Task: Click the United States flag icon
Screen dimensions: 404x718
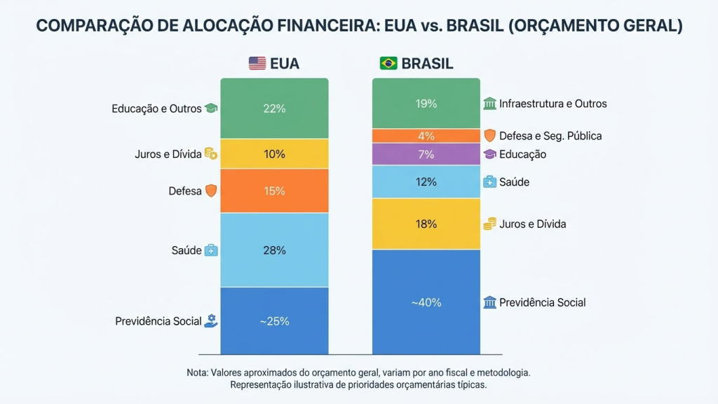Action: (x=257, y=64)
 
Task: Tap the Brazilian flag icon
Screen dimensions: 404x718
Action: (x=388, y=64)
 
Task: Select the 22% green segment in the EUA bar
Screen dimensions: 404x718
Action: (x=274, y=109)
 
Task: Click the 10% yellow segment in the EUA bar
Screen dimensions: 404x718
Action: (x=274, y=154)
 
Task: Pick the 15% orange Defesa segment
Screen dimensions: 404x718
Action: (x=274, y=191)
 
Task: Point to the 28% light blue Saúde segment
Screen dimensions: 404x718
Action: (x=274, y=250)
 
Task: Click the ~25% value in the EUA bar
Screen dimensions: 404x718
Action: (x=274, y=321)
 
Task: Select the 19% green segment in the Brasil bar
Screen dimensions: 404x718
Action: (x=426, y=104)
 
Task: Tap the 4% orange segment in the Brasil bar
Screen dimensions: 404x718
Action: (x=426, y=136)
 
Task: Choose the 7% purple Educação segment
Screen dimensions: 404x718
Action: (x=426, y=154)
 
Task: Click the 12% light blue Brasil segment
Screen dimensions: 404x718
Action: (x=426, y=182)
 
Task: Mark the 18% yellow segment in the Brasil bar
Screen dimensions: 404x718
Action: (x=426, y=224)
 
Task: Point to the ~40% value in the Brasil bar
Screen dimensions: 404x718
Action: (x=426, y=303)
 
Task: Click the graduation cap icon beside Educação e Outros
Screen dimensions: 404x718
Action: (x=211, y=109)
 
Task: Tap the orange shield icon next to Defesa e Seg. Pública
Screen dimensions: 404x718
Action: (x=490, y=136)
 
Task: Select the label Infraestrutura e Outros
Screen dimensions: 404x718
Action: (x=553, y=104)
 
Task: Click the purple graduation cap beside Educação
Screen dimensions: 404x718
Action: (x=490, y=154)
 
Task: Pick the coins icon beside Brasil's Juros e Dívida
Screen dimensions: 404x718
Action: (x=490, y=224)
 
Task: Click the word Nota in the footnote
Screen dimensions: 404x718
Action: (x=198, y=372)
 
